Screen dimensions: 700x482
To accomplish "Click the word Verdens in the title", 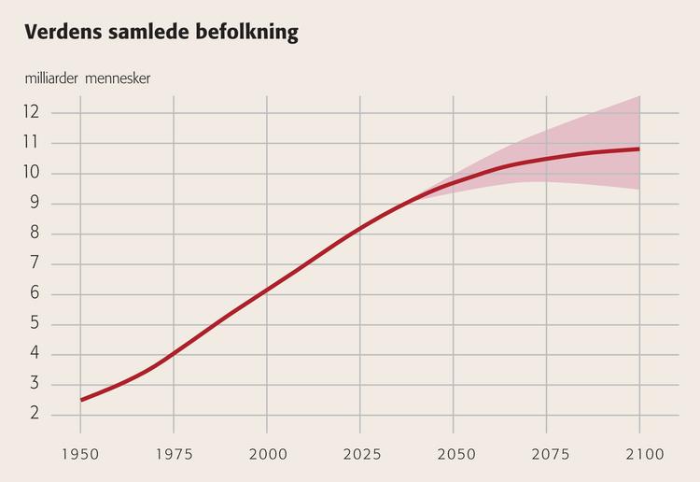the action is pos(63,32).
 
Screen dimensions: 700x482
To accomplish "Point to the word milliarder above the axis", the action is pos(51,78).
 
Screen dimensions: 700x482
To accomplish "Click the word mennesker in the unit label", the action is pos(118,79).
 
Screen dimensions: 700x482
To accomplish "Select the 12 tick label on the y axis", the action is pos(31,112).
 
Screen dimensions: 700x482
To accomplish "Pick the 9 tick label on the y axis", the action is pos(35,203).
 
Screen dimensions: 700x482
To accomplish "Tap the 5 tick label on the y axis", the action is pos(35,323).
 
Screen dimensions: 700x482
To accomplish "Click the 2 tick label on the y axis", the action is pos(35,414).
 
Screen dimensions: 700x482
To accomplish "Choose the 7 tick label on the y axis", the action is pos(35,262).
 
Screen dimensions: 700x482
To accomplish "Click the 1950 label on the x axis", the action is pos(80,454).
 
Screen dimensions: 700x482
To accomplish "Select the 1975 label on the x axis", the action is pos(175,454).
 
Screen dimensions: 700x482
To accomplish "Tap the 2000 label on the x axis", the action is pos(268,454).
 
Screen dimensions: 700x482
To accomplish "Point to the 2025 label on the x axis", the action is pos(362,454).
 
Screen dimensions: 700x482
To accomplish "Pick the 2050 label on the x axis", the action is pos(456,454).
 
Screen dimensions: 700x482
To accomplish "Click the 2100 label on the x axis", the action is pos(645,454).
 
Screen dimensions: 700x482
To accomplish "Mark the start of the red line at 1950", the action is pos(81,400).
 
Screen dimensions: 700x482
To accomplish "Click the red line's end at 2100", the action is pos(638,149).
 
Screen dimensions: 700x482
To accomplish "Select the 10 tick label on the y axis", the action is pos(31,172).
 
